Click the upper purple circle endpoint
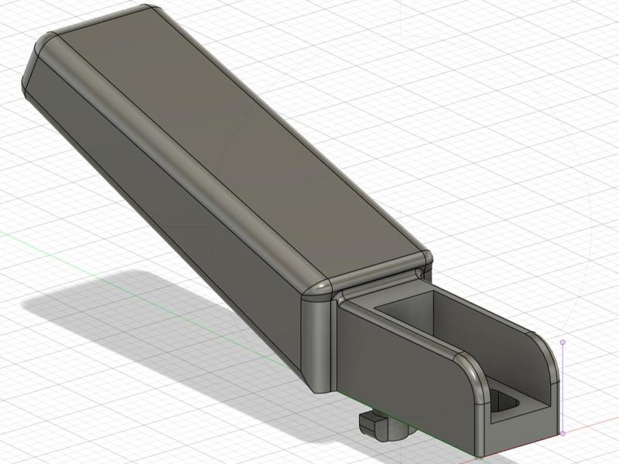[x=563, y=342]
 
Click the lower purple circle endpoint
[x=563, y=433]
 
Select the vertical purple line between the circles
[x=563, y=387]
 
